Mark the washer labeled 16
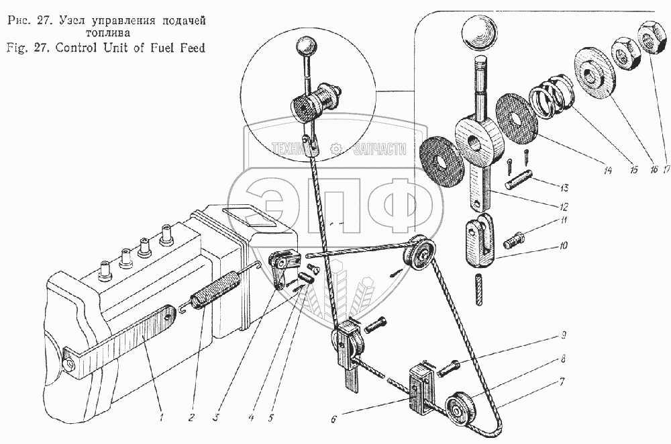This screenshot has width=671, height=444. [594, 72]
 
